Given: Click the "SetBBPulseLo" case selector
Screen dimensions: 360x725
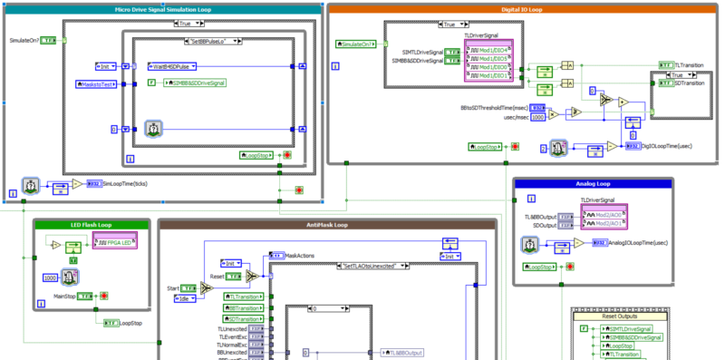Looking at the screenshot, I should tap(209, 42).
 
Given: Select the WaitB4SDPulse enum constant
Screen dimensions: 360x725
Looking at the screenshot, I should tap(173, 66).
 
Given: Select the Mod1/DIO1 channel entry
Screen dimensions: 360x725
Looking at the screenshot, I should tap(490, 75).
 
